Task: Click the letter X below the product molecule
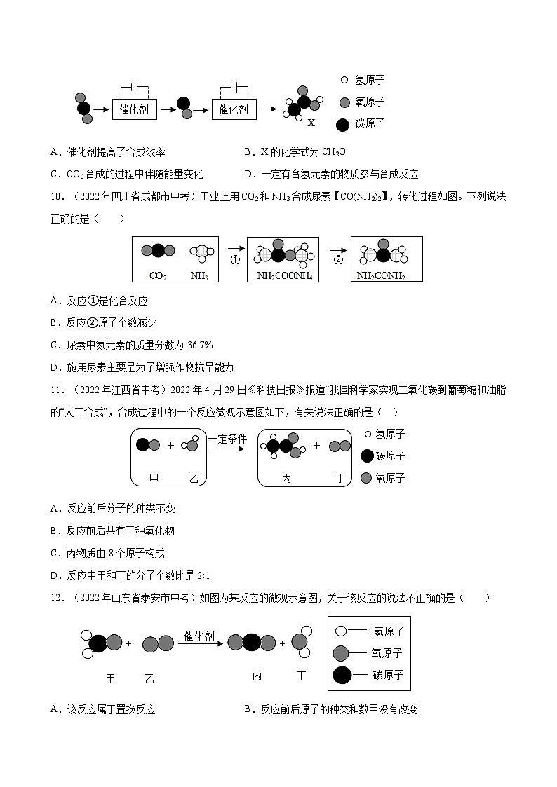(311, 122)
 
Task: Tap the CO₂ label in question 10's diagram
(158, 276)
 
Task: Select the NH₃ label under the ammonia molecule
(199, 276)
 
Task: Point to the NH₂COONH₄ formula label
(284, 276)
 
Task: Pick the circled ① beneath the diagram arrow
(235, 259)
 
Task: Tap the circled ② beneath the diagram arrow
(338, 259)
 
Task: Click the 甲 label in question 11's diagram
(154, 478)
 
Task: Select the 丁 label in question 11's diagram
(340, 478)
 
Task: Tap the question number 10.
(58, 196)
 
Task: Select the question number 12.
(58, 598)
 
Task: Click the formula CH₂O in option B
(334, 151)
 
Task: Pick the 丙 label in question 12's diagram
(257, 676)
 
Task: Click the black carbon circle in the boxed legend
(342, 676)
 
